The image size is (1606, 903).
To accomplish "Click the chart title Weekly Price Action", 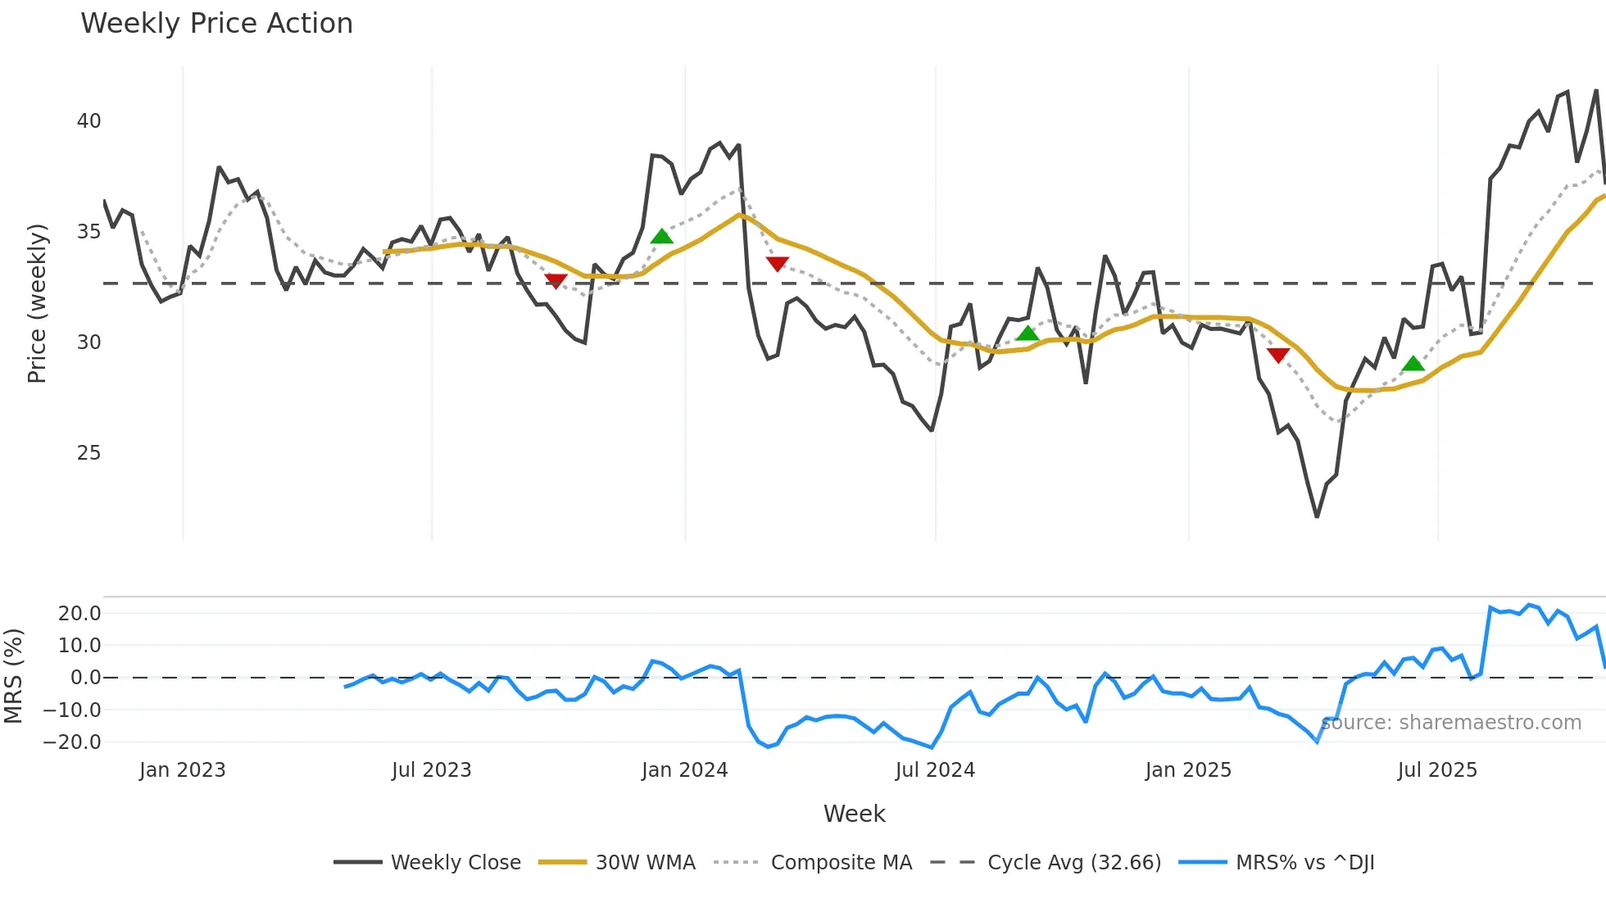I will pyautogui.click(x=216, y=24).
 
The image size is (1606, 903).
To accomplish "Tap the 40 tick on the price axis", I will pyautogui.click(x=88, y=121).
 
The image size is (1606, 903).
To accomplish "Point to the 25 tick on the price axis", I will pyautogui.click(x=88, y=453).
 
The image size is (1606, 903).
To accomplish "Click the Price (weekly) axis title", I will pyautogui.click(x=37, y=303).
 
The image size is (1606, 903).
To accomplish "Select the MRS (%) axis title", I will pyautogui.click(x=13, y=676).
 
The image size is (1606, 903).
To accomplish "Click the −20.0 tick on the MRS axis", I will pyautogui.click(x=72, y=742).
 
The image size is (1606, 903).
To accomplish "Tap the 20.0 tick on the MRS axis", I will pyautogui.click(x=79, y=614).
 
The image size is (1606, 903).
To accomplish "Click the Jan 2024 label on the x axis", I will pyautogui.click(x=684, y=770).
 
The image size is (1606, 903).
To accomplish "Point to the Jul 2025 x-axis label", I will pyautogui.click(x=1437, y=770).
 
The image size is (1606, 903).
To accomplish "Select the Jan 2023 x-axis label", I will pyautogui.click(x=182, y=770).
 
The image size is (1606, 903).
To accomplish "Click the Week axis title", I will pyautogui.click(x=854, y=814).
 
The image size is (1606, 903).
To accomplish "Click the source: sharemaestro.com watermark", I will pyautogui.click(x=1450, y=723).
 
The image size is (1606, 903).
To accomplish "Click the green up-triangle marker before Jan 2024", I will pyautogui.click(x=662, y=237).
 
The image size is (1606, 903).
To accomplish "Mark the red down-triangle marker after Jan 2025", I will pyautogui.click(x=1278, y=355).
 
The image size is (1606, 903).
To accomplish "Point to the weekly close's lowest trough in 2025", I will pyautogui.click(x=1317, y=516).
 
